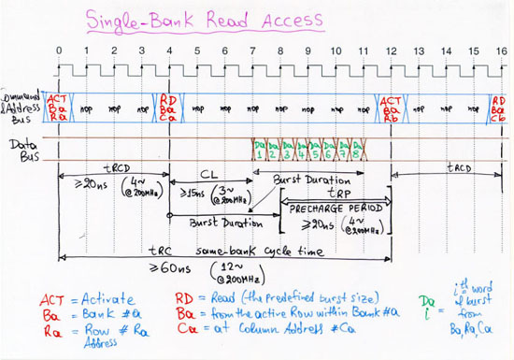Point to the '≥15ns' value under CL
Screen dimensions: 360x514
pyautogui.click(x=188, y=205)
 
